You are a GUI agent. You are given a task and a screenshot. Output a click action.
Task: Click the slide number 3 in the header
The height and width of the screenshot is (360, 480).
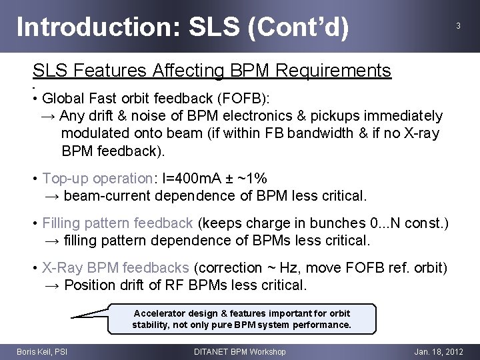pos(458,26)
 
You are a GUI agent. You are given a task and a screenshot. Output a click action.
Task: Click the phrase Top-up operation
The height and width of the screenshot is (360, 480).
pos(97,179)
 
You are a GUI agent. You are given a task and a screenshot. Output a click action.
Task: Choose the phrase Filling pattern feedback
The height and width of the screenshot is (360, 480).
pos(117,223)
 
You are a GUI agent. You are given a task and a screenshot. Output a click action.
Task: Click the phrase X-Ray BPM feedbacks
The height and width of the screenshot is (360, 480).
pos(115,267)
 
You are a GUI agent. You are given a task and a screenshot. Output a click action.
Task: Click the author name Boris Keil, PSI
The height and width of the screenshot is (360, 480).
pos(41,351)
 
